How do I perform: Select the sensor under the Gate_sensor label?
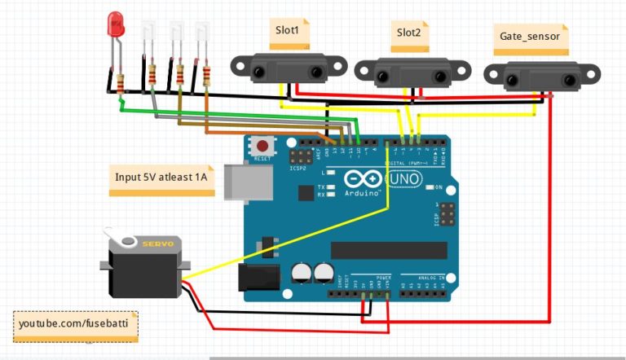[x=531, y=76]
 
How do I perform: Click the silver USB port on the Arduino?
[x=239, y=181]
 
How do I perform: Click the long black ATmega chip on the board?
[x=389, y=250]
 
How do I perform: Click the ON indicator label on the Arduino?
[x=438, y=187]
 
